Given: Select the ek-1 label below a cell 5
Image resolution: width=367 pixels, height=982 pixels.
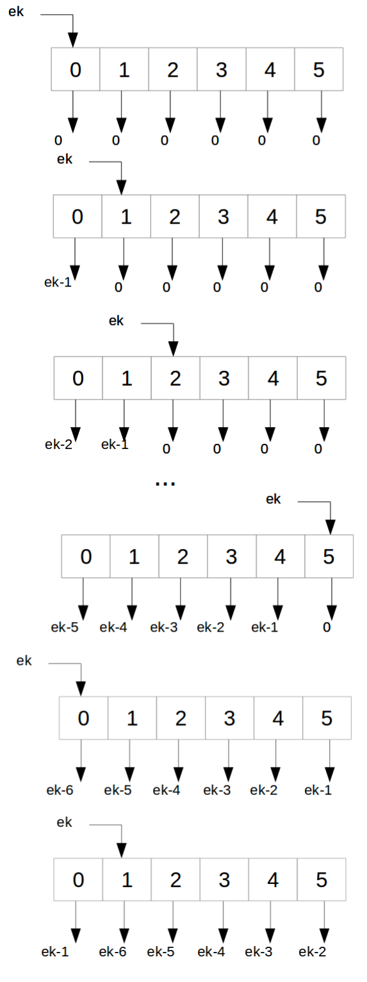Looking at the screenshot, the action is [318, 790].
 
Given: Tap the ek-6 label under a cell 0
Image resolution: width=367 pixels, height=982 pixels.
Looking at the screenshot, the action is [60, 790].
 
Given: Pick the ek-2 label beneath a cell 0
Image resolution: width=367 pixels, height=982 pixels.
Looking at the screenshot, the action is [58, 444].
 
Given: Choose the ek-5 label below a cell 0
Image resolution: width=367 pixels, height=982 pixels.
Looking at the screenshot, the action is [65, 627].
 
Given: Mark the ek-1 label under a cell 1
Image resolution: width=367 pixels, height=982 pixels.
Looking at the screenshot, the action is [115, 444].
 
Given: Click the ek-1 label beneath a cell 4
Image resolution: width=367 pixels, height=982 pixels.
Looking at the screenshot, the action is [265, 627].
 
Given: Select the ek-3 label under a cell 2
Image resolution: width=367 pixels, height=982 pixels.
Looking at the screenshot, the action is [163, 627].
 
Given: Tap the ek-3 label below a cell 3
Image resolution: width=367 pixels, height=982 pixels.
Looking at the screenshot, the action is [216, 790].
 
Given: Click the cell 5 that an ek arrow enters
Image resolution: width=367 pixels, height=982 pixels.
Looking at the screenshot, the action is [329, 556].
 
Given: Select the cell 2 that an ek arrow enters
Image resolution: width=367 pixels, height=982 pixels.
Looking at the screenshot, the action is [175, 378].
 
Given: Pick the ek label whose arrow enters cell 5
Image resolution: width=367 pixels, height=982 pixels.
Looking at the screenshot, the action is [273, 499].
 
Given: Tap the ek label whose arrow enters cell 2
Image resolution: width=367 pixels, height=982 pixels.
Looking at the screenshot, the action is [116, 321].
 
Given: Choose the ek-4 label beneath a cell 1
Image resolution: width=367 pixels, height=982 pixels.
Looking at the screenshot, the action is [113, 627].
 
